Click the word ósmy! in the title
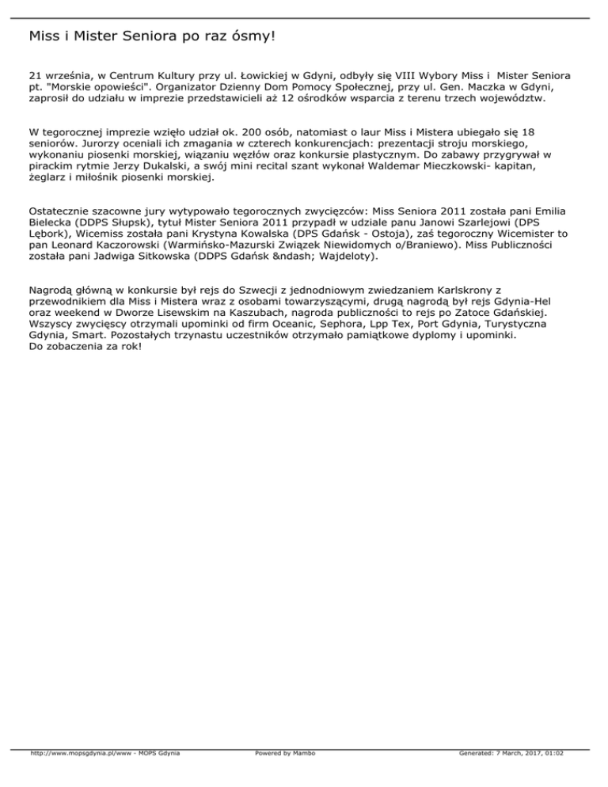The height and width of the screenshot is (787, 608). (x=252, y=36)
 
